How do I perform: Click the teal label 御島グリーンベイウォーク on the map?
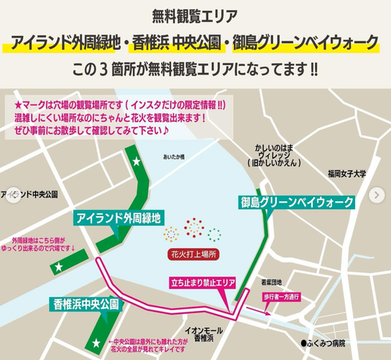[x=296, y=202]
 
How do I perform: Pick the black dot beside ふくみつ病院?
[x=305, y=343]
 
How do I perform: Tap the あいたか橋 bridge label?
[x=172, y=158]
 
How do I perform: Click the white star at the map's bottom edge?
[x=96, y=343]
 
